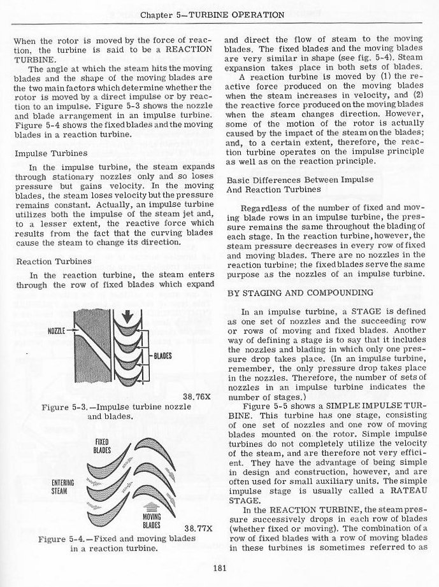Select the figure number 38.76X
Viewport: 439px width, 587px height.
(x=196, y=397)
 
